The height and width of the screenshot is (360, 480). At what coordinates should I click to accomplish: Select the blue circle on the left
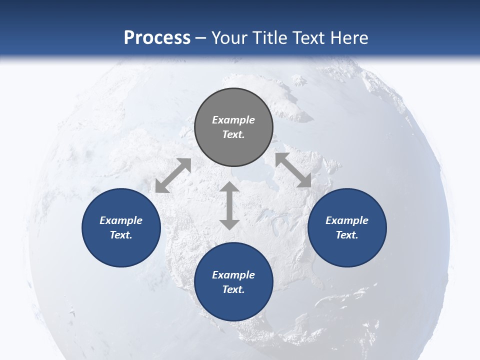[x=121, y=227]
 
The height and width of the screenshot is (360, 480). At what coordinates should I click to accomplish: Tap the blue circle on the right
[x=347, y=227]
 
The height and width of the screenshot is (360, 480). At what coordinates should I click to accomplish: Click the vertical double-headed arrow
[x=229, y=205]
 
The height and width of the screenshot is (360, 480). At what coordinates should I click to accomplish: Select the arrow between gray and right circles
[x=293, y=170]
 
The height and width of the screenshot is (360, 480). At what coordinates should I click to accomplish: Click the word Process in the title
[x=157, y=37]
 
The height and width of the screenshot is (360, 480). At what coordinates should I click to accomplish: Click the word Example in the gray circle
[x=233, y=120]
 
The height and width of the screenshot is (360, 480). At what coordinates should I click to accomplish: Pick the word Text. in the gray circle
[x=233, y=134]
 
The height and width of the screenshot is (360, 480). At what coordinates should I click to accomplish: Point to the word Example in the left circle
[x=121, y=220]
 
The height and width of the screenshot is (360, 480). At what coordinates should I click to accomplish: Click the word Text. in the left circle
[x=121, y=235]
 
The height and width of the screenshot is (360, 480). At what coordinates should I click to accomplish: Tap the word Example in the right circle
[x=347, y=220]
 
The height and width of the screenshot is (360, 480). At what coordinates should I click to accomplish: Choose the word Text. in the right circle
[x=347, y=235]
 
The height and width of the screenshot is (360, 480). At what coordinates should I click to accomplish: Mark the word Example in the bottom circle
[x=233, y=275]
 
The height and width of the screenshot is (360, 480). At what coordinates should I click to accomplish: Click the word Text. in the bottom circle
[x=233, y=289]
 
